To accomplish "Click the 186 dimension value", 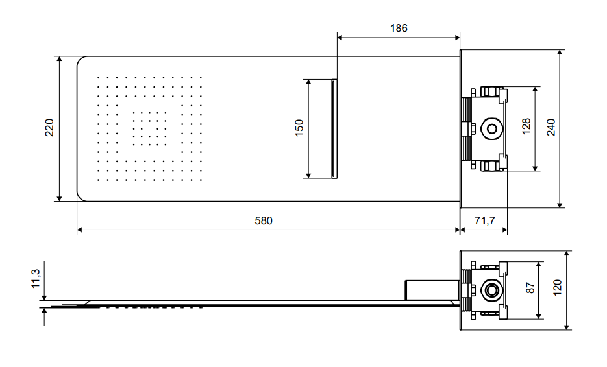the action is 399,29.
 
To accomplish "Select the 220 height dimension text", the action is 49,128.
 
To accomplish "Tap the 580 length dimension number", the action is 264,221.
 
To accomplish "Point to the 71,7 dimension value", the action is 484,221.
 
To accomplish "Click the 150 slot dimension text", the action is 299,128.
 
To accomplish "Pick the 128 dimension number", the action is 526,126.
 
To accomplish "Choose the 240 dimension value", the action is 551,127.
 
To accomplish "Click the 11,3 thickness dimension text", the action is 36,278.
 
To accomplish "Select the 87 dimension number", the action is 530,288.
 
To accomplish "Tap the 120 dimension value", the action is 557,288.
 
